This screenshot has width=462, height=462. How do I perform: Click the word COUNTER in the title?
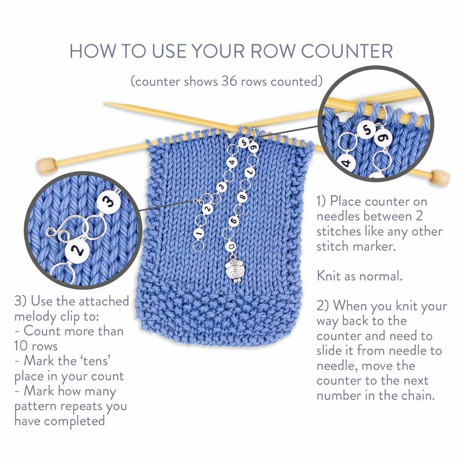point(347,51)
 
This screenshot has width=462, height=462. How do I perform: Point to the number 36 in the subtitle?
point(229,81)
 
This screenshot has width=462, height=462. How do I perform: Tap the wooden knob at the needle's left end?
point(47,165)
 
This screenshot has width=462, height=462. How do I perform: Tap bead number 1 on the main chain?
point(198,233)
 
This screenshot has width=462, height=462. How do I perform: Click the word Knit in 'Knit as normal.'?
point(329,276)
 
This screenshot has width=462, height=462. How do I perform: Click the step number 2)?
point(322,306)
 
